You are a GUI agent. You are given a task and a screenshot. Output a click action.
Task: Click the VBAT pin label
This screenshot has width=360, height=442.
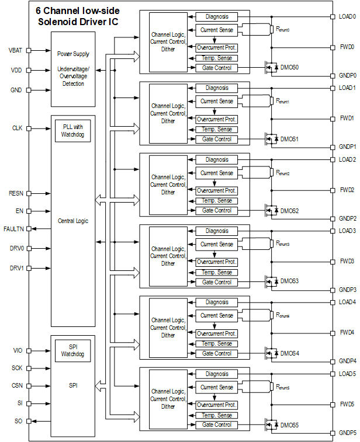tap(15, 50)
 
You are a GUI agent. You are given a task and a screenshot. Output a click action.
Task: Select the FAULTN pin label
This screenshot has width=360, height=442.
tap(13, 228)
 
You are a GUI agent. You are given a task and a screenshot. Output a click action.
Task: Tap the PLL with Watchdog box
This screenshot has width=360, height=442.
tap(72, 130)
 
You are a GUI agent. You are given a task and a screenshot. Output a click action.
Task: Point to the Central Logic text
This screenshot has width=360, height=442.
tap(72, 221)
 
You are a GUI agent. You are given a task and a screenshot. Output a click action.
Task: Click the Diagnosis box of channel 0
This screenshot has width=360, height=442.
tap(217, 17)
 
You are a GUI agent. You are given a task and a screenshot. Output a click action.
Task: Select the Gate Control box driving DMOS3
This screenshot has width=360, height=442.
tap(217, 282)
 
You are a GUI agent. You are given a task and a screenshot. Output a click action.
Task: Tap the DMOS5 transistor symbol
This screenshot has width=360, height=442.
tap(270, 425)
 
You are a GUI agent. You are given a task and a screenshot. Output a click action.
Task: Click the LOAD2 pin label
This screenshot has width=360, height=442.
tap(347, 159)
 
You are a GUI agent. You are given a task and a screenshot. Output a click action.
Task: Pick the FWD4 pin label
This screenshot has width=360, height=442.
tap(347, 333)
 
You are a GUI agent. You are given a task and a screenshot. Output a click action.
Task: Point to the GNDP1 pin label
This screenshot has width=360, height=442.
tap(348, 147)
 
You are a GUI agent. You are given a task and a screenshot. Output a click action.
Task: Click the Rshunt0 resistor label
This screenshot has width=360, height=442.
tap(283, 29)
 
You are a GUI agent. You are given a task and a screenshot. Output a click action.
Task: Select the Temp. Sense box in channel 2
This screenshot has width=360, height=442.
tap(217, 201)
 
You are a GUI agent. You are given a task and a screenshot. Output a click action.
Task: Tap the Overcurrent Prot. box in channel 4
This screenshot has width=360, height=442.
tap(217, 333)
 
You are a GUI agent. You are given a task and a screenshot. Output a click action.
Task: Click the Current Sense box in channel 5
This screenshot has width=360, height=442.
tap(217, 387)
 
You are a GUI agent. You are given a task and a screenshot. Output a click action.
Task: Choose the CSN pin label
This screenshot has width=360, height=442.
tap(16, 386)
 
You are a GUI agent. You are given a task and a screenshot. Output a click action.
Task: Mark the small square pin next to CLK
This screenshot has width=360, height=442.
tap(30, 127)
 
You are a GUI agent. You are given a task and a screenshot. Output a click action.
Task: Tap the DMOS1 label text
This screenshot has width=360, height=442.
tap(289, 139)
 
